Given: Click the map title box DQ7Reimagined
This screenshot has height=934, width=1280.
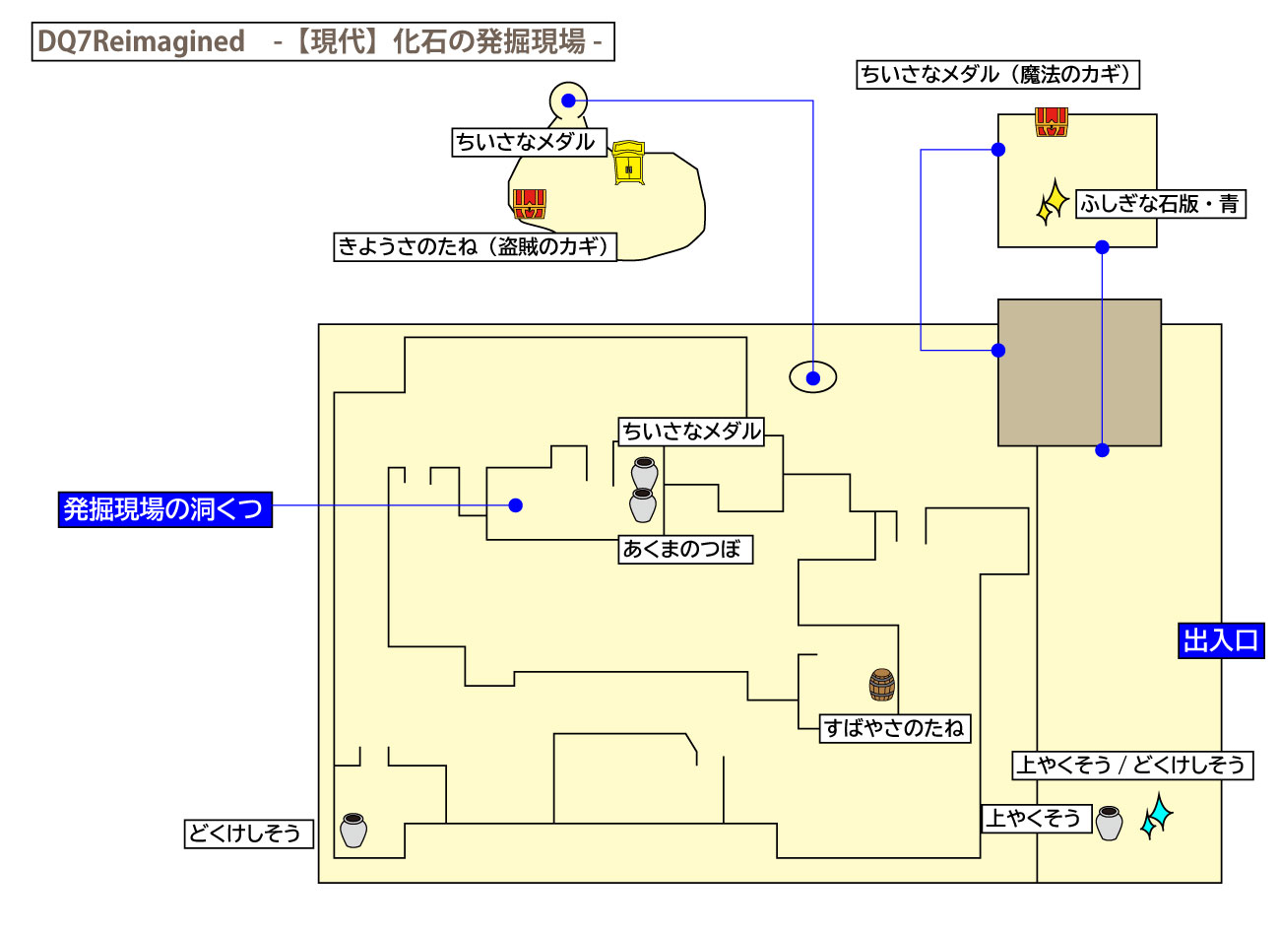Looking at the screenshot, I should coord(323,41).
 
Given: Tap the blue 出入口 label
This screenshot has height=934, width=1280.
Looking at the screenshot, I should coord(1221,640).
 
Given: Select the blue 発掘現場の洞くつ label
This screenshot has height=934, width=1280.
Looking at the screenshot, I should coord(164,508).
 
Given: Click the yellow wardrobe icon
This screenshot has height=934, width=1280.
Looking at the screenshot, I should coord(628,163).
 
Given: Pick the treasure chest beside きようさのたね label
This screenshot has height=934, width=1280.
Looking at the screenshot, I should coord(529,204).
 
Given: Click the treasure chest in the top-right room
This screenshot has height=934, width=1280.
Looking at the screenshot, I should coord(1051,122).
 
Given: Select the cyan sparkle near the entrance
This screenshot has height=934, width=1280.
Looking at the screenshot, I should coord(1156,816).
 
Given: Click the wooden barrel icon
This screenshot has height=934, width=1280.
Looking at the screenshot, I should coord(882,684).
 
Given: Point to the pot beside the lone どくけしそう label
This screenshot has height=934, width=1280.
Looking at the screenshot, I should coord(353,830).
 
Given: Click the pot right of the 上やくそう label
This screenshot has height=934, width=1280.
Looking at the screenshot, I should coord(1109,823).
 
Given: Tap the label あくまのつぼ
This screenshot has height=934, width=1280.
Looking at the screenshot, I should coord(685,549).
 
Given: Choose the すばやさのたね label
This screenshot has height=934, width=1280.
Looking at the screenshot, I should coord(895,728).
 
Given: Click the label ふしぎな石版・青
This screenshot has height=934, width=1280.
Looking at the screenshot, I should coord(1160,204).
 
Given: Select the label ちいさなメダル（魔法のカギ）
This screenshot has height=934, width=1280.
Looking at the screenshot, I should coord(997,75).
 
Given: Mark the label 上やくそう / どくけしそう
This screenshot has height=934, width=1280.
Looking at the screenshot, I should coord(1132,765).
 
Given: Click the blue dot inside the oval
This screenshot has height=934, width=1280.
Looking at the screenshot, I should coord(813,377).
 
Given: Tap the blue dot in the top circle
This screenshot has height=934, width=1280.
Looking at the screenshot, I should coord(568,100).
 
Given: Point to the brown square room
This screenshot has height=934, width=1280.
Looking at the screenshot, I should coord(1079,372).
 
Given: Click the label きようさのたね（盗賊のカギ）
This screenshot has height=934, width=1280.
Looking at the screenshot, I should coord(476,246).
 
